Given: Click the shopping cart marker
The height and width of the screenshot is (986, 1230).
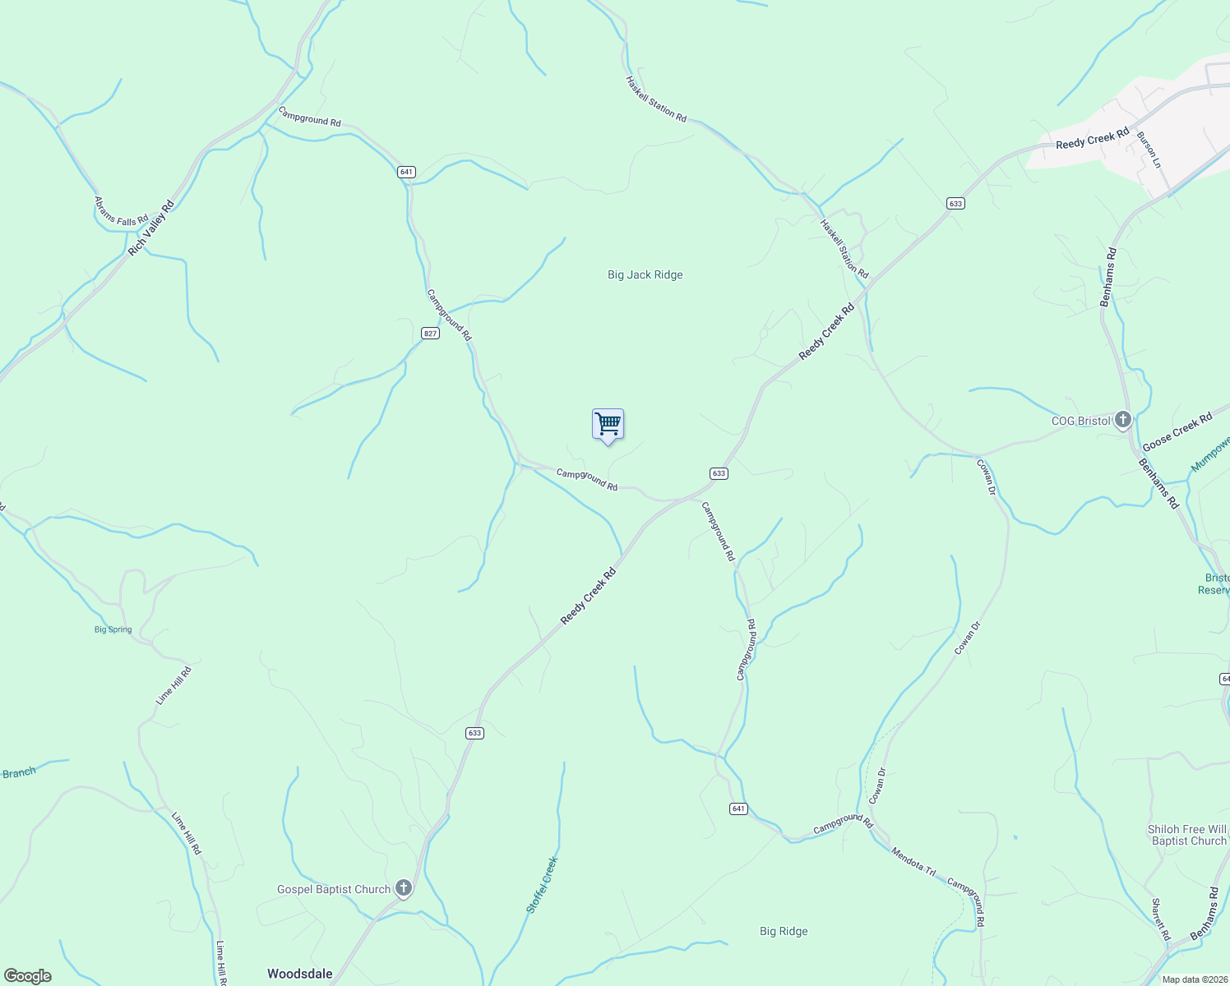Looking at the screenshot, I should [x=608, y=425].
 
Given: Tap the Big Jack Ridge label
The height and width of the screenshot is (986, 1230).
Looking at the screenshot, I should [x=645, y=274].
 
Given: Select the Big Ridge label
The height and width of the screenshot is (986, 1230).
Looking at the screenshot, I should [x=783, y=931].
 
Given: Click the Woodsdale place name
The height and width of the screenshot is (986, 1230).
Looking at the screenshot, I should [x=299, y=974].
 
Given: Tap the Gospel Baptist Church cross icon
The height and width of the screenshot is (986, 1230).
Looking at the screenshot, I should [x=403, y=888].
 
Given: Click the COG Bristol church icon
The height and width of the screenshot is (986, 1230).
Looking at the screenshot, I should [x=1122, y=420].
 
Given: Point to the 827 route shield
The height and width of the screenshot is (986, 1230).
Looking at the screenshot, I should [x=430, y=333].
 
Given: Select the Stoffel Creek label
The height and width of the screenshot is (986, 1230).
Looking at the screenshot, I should [x=542, y=885].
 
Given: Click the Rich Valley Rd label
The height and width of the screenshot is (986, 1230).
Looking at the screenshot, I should [x=151, y=228].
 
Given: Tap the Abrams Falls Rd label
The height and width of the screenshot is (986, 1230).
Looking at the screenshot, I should [x=121, y=210].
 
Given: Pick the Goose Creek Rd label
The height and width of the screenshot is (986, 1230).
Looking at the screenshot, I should [x=1177, y=431].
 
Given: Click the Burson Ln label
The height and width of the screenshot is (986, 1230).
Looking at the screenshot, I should [x=1149, y=149].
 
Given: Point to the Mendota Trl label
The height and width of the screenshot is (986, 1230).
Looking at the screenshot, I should [x=913, y=860].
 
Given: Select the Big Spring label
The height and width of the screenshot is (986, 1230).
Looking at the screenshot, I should [x=113, y=629].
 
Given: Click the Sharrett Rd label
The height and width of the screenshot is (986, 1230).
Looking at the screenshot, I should [x=1160, y=919].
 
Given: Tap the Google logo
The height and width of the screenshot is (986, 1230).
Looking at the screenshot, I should [x=27, y=976].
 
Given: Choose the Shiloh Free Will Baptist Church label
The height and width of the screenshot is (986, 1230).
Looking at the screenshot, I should [x=1187, y=835].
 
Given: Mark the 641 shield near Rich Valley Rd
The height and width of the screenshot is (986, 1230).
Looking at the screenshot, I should [x=406, y=172].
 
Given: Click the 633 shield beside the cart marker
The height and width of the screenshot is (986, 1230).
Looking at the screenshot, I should [x=719, y=473].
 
